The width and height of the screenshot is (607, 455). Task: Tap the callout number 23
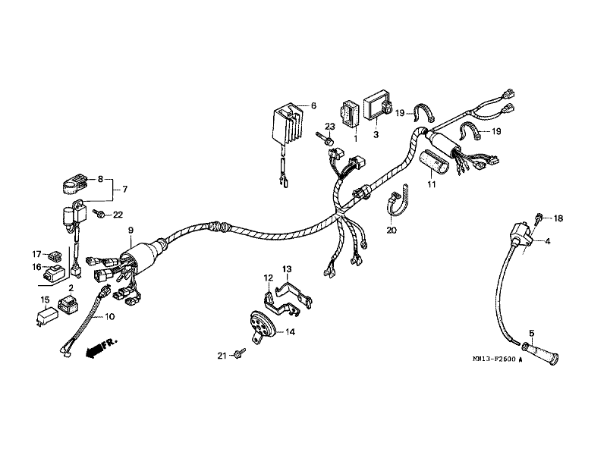tap(331, 126)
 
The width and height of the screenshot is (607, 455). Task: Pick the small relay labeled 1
tap(351, 115)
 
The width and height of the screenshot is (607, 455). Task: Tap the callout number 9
tap(131, 230)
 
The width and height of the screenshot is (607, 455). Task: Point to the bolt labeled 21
tap(240, 352)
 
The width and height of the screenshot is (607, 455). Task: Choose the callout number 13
tap(287, 269)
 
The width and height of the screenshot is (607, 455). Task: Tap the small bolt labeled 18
tap(538, 218)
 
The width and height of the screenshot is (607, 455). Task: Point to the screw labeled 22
tap(100, 215)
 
